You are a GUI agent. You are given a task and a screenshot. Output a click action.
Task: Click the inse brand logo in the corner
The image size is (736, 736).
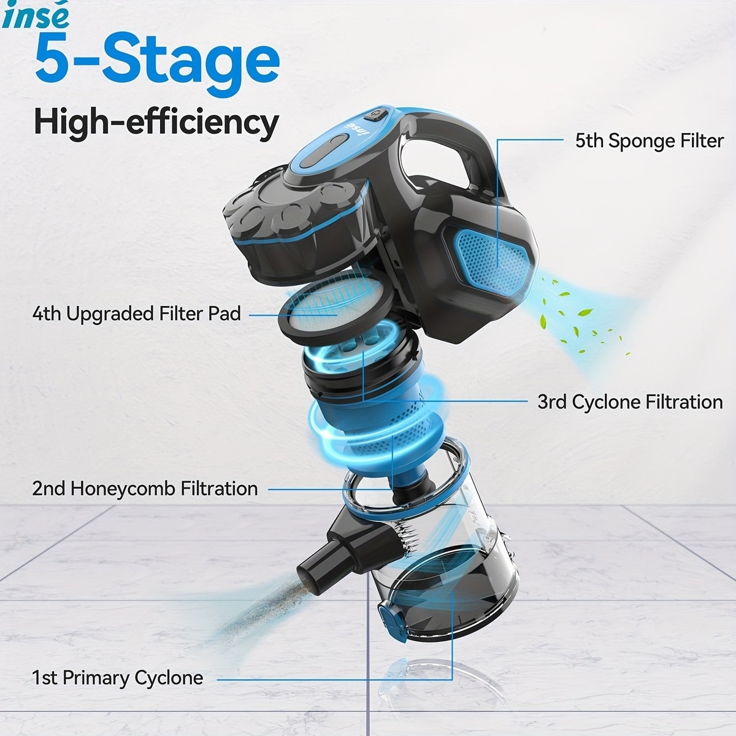pos(35,16)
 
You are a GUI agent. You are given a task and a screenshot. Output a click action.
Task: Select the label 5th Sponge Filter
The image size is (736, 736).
pos(650,141)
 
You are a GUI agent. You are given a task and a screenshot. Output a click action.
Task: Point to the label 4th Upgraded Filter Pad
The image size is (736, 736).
pos(137,314)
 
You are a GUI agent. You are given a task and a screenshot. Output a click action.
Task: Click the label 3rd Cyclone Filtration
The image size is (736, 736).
pos(631,402)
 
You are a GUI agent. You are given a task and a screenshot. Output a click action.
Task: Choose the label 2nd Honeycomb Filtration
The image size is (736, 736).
pos(145,489)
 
